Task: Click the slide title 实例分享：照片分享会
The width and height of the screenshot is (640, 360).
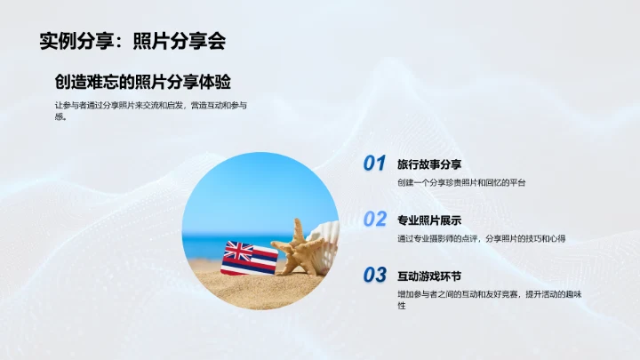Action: click(132, 41)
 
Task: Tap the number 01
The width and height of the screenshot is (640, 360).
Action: click(374, 164)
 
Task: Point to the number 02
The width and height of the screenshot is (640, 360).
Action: click(374, 219)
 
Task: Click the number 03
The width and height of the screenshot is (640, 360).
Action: click(374, 275)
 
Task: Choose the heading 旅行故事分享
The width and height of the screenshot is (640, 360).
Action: click(429, 164)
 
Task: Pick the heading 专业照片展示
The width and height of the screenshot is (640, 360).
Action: click(429, 220)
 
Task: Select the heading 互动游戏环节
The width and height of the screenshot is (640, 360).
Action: click(429, 275)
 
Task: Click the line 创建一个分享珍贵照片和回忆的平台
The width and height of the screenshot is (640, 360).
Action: click(461, 182)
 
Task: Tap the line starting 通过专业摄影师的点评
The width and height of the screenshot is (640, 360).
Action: click(482, 238)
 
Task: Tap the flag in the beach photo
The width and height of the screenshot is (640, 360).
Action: click(237, 257)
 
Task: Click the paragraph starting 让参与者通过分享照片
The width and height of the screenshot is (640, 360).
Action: click(149, 110)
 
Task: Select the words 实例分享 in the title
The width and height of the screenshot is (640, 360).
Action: click(72, 41)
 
